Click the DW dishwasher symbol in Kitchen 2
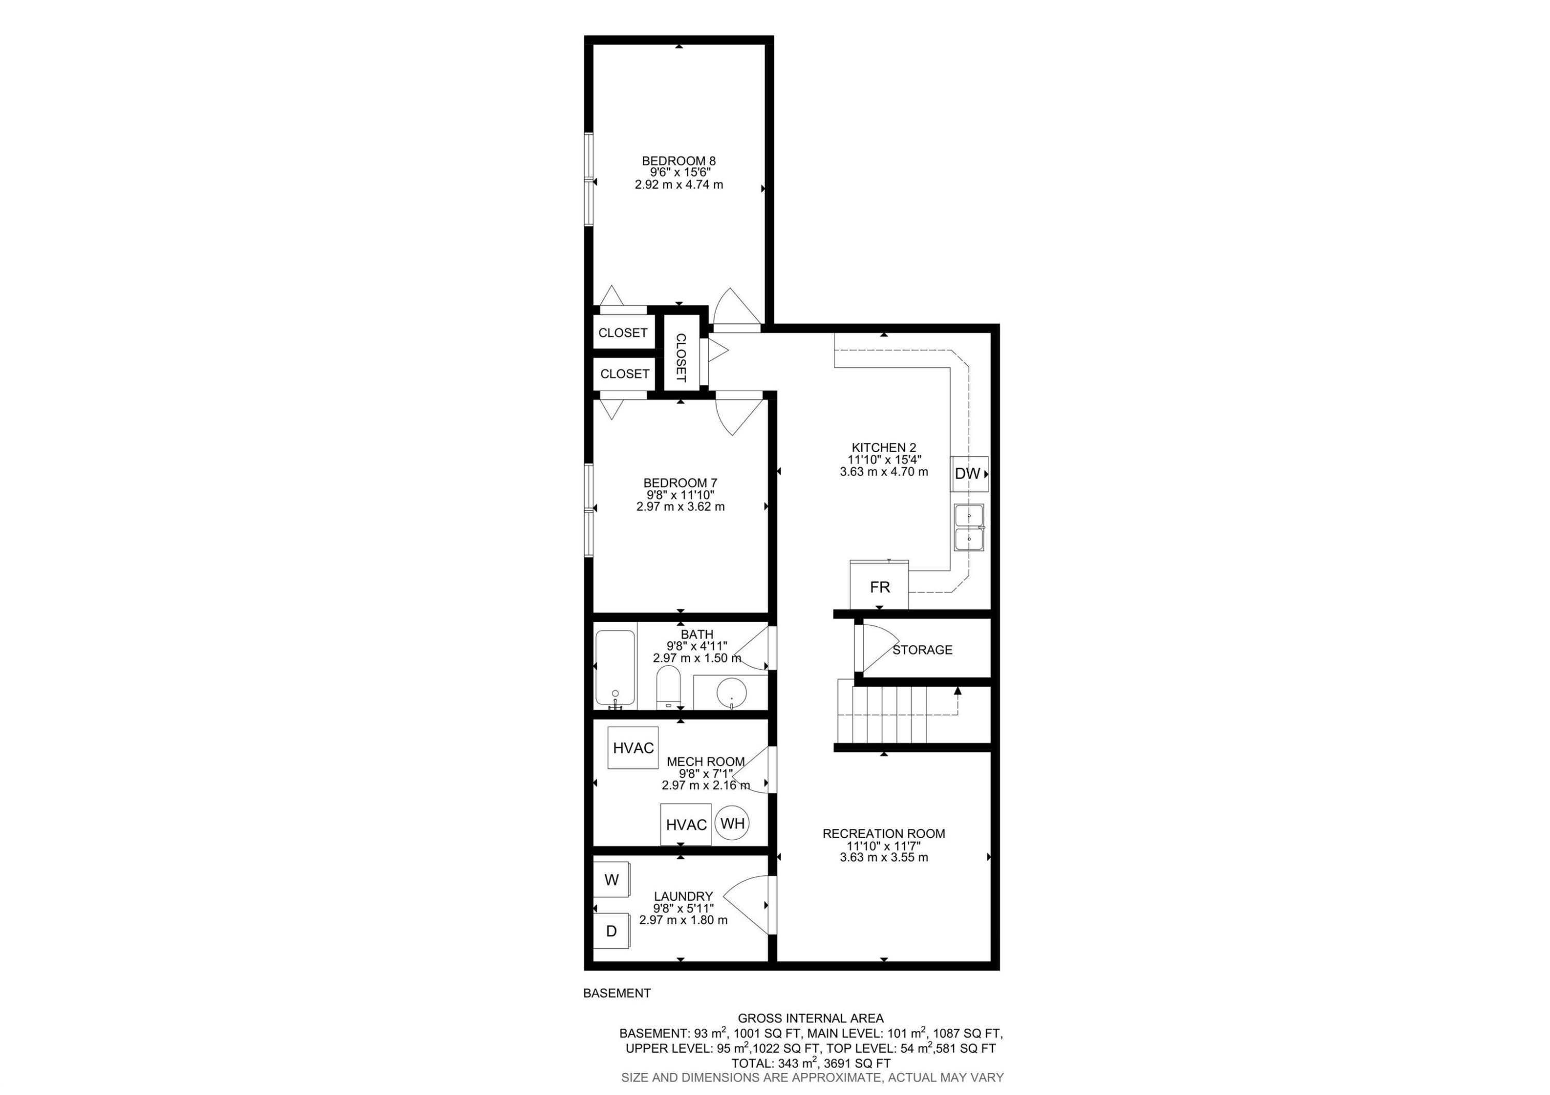coord(969,474)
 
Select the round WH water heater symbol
coord(733,824)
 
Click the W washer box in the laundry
coord(612,880)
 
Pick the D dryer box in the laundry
coord(612,932)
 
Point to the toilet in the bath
coord(669,687)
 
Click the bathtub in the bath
coord(615,669)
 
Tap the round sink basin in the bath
coord(731,692)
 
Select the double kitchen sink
coord(969,528)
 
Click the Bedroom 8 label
coord(678,161)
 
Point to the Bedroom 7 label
coord(680,483)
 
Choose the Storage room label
coord(922,650)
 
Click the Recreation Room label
coord(884,834)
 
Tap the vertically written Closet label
coord(680,358)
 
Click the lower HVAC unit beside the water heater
coord(686,825)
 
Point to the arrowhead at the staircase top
coord(957,690)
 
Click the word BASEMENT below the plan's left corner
coord(616,993)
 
